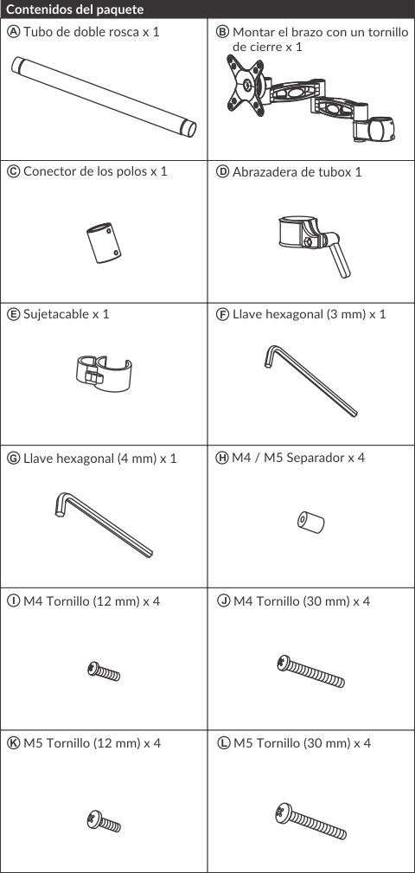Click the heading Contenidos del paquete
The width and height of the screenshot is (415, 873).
click(x=75, y=10)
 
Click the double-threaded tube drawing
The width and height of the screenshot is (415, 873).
click(x=104, y=97)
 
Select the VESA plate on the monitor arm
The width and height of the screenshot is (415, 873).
click(x=246, y=85)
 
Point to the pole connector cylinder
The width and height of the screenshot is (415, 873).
click(x=104, y=243)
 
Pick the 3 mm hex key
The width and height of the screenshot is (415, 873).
click(x=310, y=381)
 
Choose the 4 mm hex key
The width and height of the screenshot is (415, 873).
click(x=104, y=524)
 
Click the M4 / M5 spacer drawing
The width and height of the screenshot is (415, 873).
click(x=310, y=523)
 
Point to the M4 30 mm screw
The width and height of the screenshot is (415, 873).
click(x=311, y=671)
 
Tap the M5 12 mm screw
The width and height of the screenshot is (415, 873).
click(x=104, y=821)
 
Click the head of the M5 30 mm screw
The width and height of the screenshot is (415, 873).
click(x=283, y=812)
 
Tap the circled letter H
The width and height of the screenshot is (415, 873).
click(x=222, y=458)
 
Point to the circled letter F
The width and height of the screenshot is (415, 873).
click(x=222, y=314)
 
